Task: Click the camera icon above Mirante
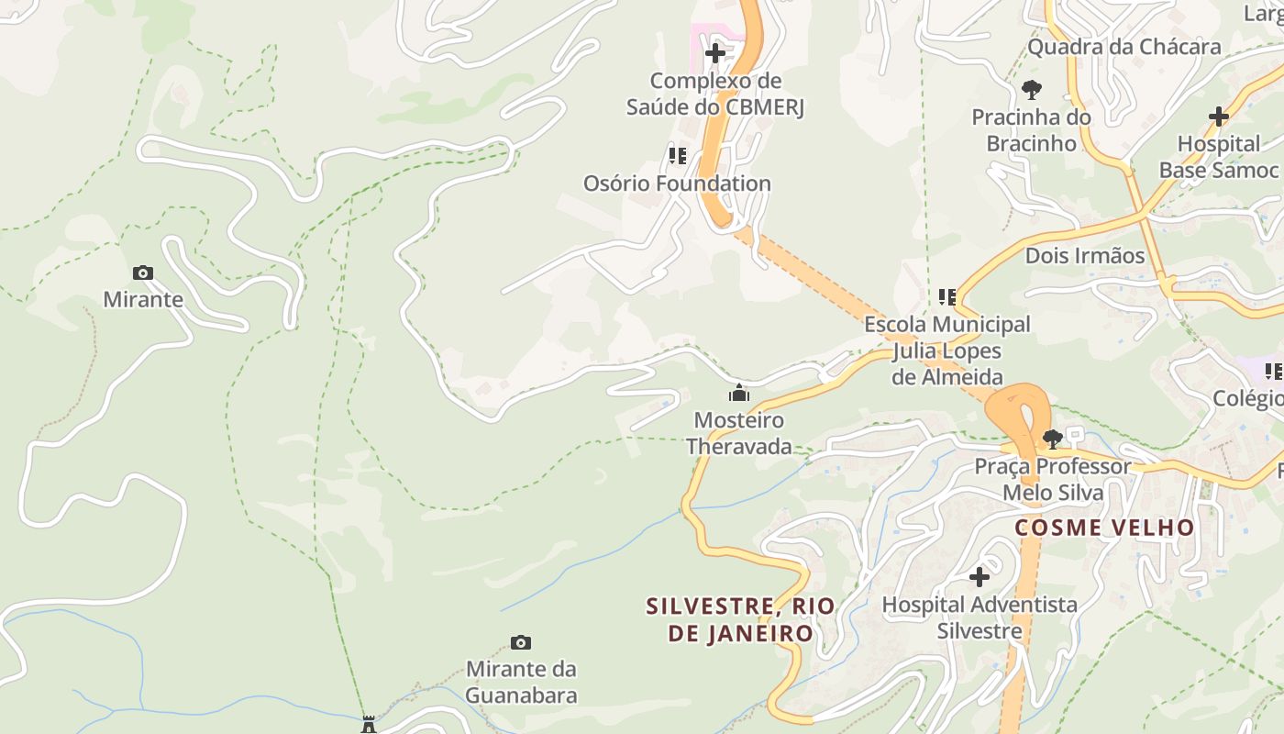point(143,272)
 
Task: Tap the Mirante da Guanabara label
point(521,682)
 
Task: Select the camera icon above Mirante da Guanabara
point(521,642)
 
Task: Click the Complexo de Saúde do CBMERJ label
point(715,94)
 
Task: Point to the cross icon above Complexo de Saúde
point(715,53)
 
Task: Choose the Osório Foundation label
point(677,183)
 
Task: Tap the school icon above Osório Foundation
point(678,156)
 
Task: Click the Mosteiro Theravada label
point(738,433)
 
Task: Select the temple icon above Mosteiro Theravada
point(738,394)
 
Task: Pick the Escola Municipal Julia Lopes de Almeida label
point(947,350)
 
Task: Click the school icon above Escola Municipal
point(947,297)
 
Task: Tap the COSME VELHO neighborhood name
point(1104,528)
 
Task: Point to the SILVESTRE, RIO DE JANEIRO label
point(740,619)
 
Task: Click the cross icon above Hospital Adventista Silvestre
point(980,577)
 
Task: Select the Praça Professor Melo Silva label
point(1052,479)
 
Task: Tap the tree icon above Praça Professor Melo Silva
point(1053,439)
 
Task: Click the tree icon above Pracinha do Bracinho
point(1032,90)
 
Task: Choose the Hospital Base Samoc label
point(1218,157)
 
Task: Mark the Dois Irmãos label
point(1085,256)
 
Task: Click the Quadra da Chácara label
point(1123,47)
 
